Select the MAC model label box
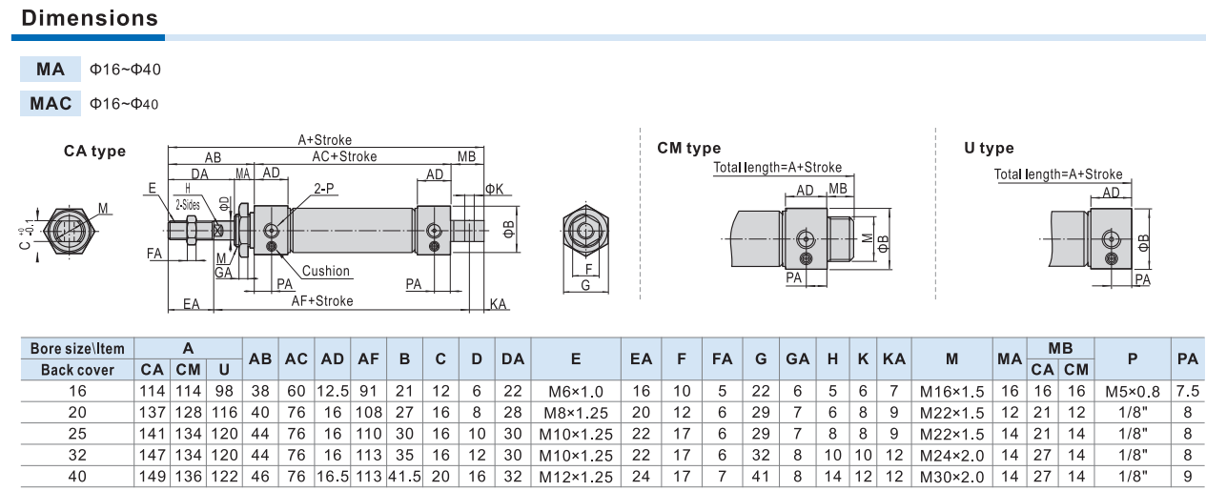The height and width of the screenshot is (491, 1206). [50, 103]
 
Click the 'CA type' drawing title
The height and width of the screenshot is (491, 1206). [94, 151]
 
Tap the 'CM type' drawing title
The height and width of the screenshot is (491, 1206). [688, 148]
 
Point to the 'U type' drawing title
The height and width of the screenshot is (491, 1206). [988, 148]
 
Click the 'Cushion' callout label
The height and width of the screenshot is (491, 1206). [326, 271]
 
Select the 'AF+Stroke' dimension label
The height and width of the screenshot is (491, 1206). [322, 300]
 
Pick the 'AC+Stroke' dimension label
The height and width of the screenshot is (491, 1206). [344, 156]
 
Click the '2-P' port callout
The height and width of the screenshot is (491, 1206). [324, 189]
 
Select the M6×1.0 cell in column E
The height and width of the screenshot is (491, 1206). [576, 391]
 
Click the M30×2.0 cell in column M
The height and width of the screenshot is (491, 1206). [951, 476]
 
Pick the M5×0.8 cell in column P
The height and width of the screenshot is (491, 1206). [1133, 391]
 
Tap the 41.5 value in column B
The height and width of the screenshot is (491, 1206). [404, 476]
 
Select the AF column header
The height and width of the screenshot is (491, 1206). [369, 359]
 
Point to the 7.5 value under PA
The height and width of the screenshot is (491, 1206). [1187, 391]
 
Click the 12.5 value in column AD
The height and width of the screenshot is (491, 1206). [333, 391]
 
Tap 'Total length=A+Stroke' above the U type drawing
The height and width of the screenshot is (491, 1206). [1058, 174]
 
